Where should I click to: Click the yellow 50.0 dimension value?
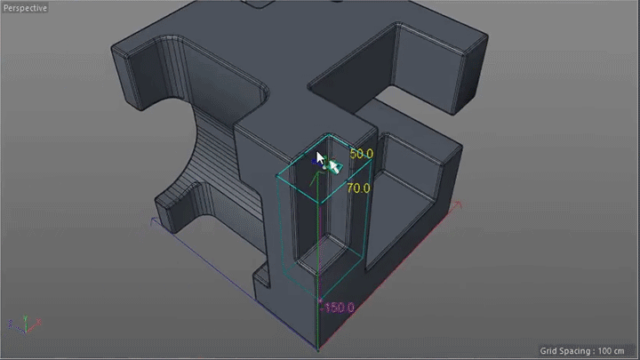[x=361, y=154]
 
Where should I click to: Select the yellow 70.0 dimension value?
[x=358, y=188]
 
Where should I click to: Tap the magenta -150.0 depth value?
[x=338, y=308]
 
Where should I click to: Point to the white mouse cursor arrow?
[x=322, y=159]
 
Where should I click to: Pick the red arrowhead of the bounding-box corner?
[x=459, y=204]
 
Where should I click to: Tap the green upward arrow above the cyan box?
[x=312, y=177]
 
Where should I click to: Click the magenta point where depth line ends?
[x=319, y=308]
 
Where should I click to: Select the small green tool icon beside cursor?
[x=334, y=165]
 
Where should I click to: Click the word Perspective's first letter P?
[x=6, y=8]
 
